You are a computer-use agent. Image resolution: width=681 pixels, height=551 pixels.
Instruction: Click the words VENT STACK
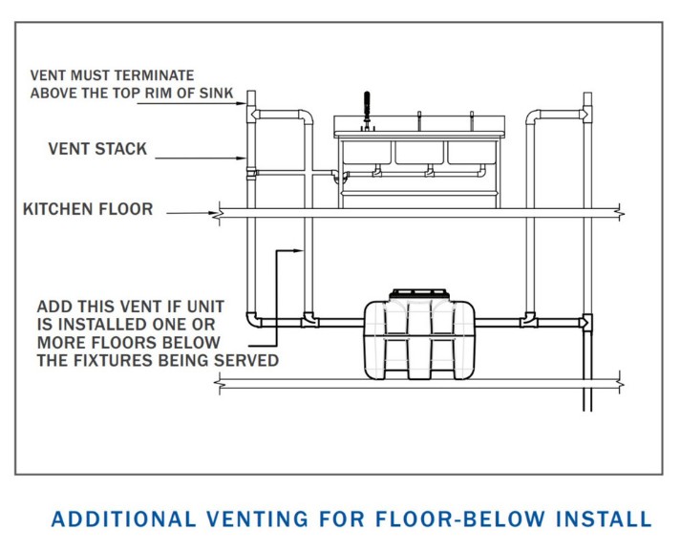pos(97,149)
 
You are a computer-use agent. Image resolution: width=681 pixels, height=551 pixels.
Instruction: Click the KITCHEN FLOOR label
pos(88,209)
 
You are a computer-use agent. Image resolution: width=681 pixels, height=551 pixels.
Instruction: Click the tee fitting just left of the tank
pos(308,318)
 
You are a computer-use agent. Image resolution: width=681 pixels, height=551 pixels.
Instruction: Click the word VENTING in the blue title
pos(255,519)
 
